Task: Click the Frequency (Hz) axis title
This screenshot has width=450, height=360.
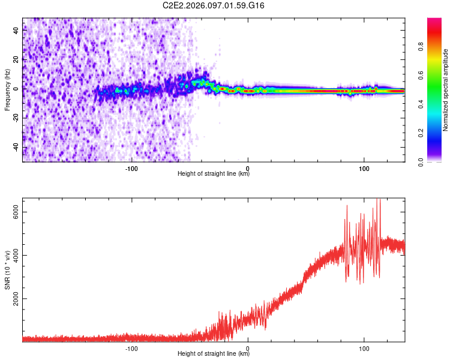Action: click(7, 90)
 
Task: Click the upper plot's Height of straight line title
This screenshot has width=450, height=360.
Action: click(214, 174)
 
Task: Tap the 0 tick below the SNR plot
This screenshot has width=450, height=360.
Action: click(248, 348)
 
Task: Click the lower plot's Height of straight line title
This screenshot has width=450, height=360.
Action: click(214, 354)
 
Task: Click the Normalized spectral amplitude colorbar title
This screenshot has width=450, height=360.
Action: click(446, 90)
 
